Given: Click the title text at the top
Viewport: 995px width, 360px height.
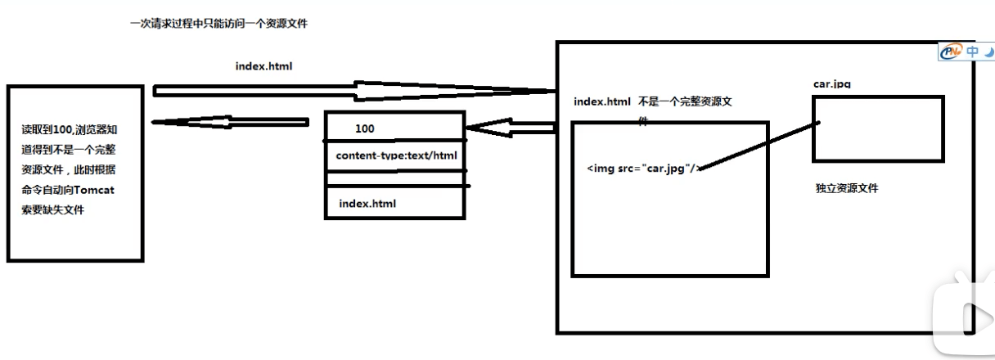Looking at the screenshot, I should coord(218,25).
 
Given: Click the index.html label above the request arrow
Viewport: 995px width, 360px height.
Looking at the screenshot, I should coord(263,67).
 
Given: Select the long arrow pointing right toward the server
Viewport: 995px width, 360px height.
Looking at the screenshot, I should coord(352,89).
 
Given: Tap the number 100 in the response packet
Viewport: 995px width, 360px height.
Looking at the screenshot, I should coord(365,129).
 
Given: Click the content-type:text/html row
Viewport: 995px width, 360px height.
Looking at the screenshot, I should coord(396,155).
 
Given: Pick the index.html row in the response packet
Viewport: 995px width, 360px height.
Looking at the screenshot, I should coord(367,203).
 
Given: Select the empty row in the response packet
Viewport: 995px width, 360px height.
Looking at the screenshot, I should coord(395,178).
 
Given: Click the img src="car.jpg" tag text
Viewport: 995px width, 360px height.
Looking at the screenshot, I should coord(642,169).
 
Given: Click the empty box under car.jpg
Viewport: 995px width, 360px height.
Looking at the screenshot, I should coord(878,128).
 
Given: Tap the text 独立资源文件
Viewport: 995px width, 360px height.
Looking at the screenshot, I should coord(847,189).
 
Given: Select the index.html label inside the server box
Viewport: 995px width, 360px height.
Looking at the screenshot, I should coord(602,101).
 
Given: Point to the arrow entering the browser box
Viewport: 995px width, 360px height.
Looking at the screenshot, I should coord(229,123).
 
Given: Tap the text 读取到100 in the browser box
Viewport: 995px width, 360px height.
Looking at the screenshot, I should coord(46,129).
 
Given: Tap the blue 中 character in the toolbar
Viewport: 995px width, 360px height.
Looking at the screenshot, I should coord(972,52).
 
